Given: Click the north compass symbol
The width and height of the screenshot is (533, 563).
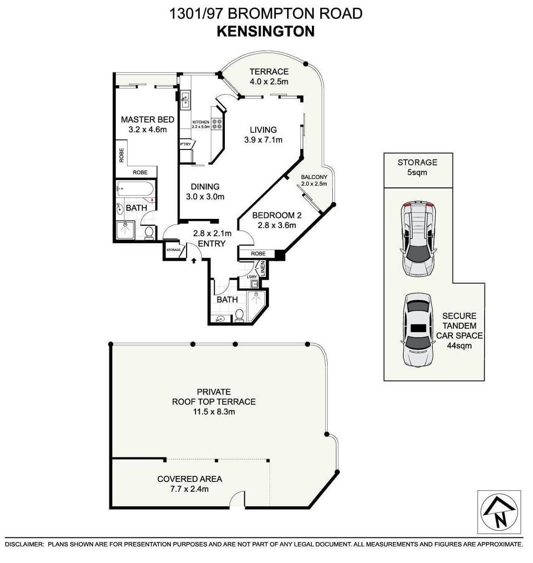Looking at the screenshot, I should [x=499, y=511].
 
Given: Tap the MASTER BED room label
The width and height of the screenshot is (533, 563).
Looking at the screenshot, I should [x=148, y=120].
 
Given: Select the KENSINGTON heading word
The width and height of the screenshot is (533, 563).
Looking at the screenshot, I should [x=266, y=31].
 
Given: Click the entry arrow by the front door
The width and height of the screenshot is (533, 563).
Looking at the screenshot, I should [x=194, y=261].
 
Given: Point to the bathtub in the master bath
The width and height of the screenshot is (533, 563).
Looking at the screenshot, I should [x=135, y=190].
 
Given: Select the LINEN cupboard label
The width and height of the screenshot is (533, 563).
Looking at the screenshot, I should [x=262, y=269].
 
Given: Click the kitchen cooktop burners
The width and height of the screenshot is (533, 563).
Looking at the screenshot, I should [x=217, y=124].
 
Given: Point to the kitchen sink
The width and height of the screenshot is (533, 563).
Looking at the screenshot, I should [x=185, y=101].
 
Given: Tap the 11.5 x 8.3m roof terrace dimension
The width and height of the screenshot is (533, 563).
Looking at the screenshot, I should [x=214, y=412].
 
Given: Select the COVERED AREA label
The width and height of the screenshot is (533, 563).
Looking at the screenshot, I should [x=189, y=479].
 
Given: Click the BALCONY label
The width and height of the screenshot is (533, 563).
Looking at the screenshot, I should [x=314, y=177].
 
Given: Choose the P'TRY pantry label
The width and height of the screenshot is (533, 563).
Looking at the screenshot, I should [x=185, y=144].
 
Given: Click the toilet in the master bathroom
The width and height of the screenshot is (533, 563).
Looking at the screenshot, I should [x=149, y=232].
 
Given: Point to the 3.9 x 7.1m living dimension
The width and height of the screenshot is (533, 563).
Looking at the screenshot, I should [x=263, y=140].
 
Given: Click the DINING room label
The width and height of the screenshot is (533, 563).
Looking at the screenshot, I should [x=205, y=187].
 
